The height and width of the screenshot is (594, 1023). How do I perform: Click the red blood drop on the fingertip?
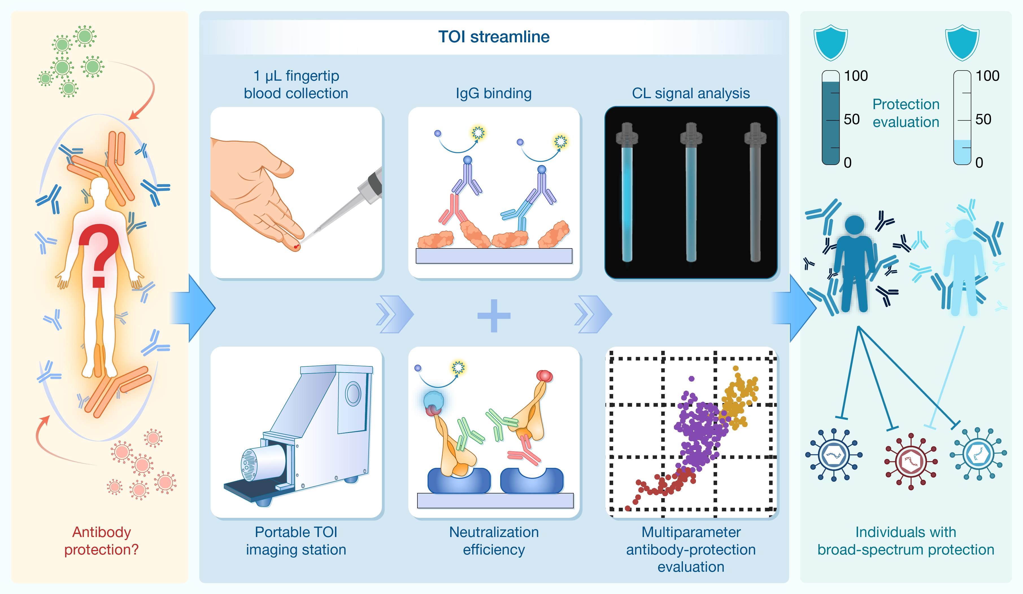[x=296, y=247]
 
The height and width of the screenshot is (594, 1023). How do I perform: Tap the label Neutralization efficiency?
[x=494, y=540]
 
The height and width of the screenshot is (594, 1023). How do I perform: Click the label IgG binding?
[x=494, y=93]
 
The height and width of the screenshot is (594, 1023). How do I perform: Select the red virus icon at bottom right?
[x=911, y=461]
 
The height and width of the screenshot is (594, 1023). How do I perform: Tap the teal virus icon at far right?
[x=978, y=454]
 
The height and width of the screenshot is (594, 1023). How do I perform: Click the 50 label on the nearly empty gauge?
[x=983, y=119]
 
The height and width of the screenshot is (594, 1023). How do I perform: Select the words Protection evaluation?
[x=906, y=113]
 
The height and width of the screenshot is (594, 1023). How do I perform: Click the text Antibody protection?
[x=101, y=540]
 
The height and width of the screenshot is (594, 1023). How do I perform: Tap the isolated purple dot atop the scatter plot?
[x=691, y=379]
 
